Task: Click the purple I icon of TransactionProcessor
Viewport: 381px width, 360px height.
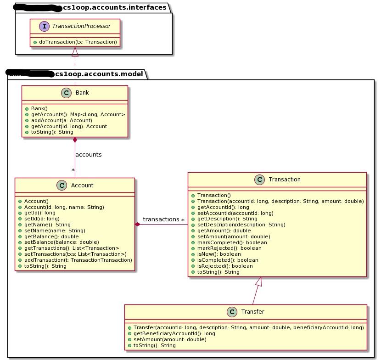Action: point(45,26)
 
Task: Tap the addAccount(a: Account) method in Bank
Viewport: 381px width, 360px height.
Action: point(61,120)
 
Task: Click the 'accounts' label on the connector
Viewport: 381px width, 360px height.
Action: point(88,155)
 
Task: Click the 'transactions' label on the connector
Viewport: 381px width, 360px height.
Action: point(161,220)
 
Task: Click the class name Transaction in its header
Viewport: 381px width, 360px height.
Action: point(285,180)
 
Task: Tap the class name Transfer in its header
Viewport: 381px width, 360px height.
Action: point(252,312)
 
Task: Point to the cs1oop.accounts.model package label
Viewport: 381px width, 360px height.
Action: point(99,73)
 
